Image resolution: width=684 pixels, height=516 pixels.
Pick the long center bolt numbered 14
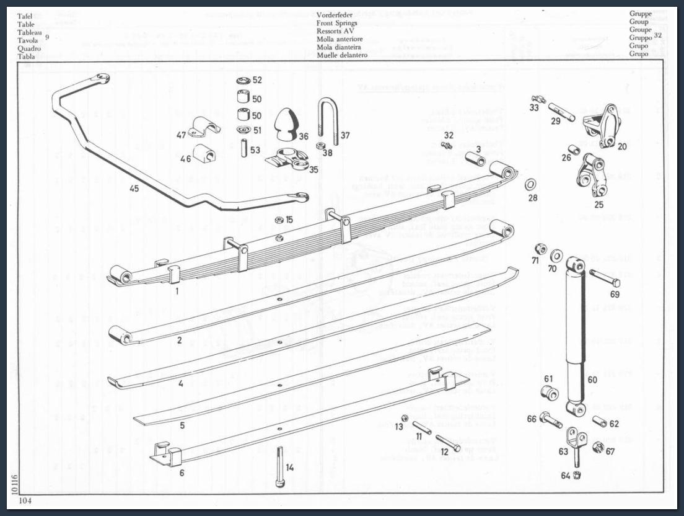coord(279,467)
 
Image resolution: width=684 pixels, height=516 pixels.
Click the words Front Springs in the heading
coord(336,23)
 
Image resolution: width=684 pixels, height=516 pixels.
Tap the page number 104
coord(25,500)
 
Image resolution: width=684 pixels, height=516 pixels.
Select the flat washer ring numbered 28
coord(531,185)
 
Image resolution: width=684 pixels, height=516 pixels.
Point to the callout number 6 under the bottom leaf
coord(182,473)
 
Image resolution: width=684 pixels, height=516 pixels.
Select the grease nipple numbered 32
coord(445,145)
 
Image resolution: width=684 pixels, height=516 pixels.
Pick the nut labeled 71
coord(540,249)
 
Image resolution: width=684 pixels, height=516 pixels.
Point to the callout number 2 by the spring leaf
coord(179,340)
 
